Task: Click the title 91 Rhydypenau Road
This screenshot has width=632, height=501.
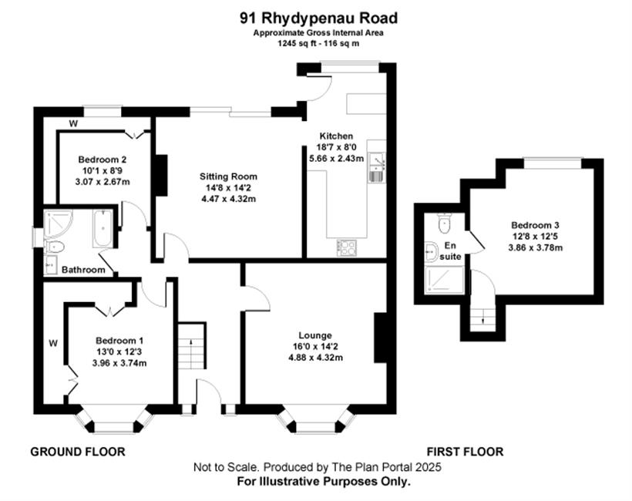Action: (x=319, y=18)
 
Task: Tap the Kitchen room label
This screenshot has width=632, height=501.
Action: (x=336, y=136)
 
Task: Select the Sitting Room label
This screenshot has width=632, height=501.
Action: (x=228, y=177)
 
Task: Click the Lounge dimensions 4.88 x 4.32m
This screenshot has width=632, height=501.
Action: (x=315, y=358)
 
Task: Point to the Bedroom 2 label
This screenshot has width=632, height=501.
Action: (x=103, y=160)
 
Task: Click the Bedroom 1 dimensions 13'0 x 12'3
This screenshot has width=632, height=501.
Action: (x=119, y=352)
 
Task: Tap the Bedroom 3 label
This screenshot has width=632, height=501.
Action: (x=535, y=225)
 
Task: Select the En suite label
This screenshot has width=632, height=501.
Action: (x=450, y=250)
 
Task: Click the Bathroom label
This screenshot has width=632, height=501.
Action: (x=83, y=270)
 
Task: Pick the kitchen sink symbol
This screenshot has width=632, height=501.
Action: (x=376, y=166)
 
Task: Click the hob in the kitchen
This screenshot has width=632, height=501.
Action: (x=347, y=247)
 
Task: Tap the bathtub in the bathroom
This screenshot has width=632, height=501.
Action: (x=103, y=228)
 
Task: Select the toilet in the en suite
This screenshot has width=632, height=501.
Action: (x=444, y=224)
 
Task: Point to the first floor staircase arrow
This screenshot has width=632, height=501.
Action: (x=484, y=318)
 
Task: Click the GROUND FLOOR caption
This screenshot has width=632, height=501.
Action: (x=78, y=452)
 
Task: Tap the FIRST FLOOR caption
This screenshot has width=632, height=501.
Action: (x=465, y=452)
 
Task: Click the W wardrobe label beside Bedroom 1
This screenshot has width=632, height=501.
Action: (x=53, y=344)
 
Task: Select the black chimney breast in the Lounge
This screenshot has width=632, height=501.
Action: (x=380, y=338)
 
